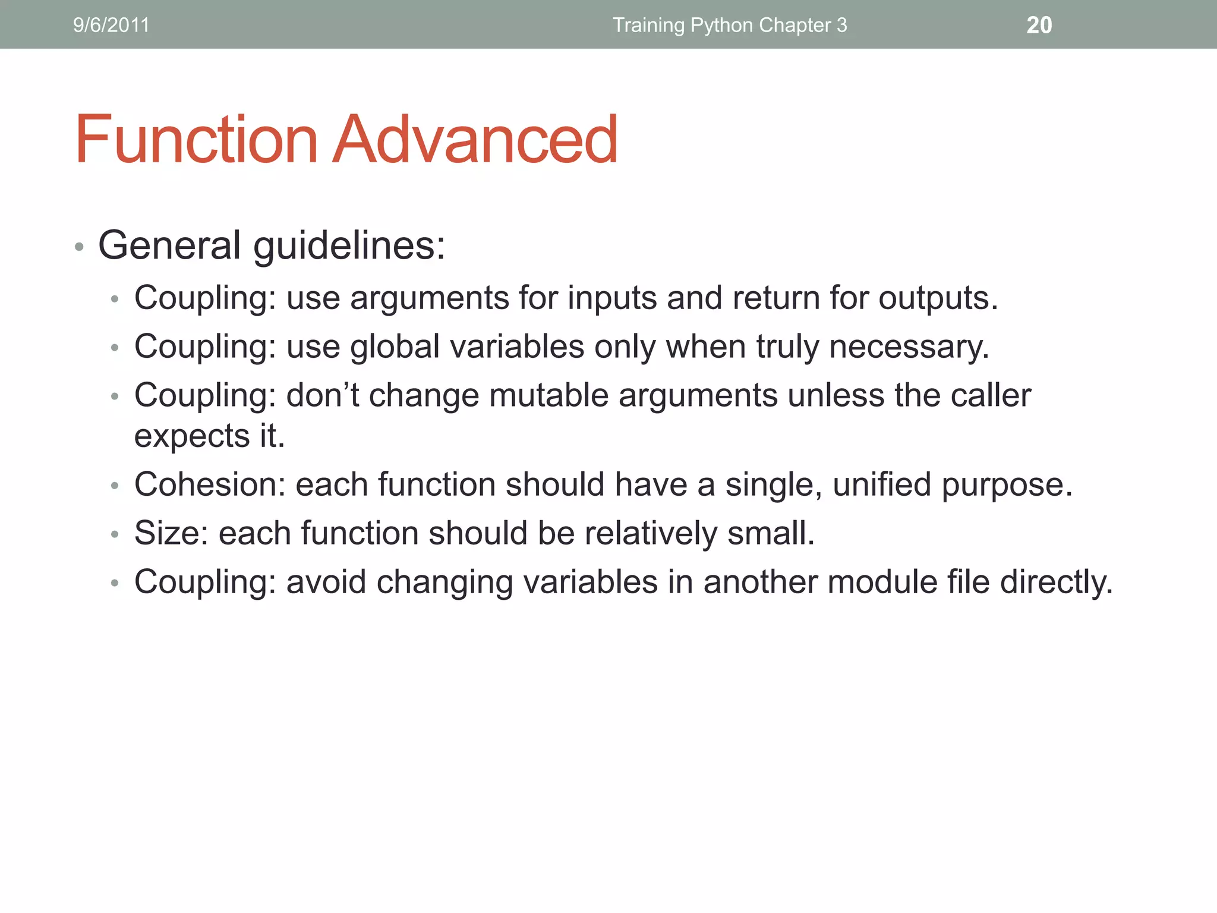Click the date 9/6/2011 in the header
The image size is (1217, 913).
click(x=111, y=25)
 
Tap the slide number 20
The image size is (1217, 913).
click(x=1039, y=25)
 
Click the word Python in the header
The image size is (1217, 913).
click(x=721, y=25)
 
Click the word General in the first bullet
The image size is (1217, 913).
click(x=169, y=245)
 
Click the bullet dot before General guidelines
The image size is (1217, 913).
click(x=79, y=247)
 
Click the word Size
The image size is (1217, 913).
click(x=171, y=533)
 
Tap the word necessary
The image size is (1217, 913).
click(x=909, y=347)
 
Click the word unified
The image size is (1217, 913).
click(x=882, y=484)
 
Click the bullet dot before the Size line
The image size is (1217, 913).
click(x=115, y=534)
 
